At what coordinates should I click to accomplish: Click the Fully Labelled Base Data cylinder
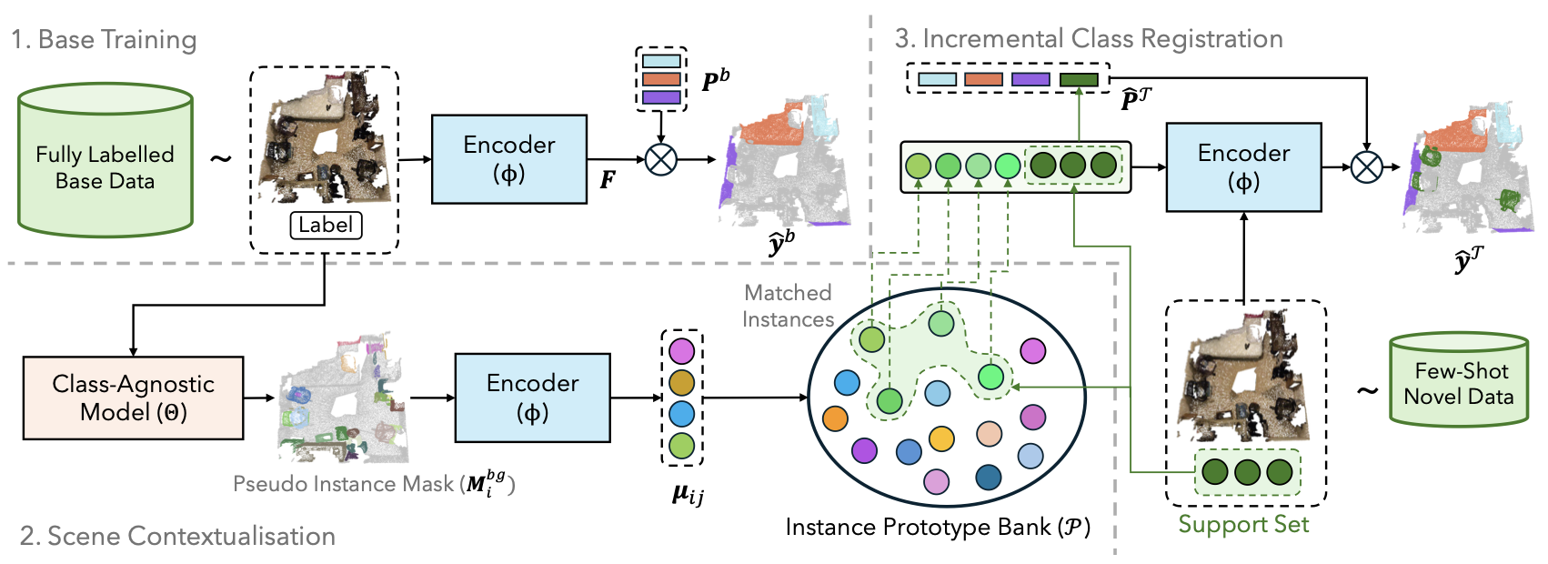coord(105,160)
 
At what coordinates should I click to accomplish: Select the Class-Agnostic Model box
coord(134,398)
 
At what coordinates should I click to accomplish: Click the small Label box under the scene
coord(327,226)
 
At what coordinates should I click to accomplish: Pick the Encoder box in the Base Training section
coord(509,159)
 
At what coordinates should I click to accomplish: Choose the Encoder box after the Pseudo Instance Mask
coord(533,398)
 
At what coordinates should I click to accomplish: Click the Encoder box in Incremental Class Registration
coord(1244,167)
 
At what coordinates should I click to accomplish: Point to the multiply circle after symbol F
coord(660,160)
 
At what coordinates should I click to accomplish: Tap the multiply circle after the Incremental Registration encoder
coord(1366,166)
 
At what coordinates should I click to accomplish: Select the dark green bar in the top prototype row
coord(1079,79)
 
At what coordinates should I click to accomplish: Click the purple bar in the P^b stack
coord(661,97)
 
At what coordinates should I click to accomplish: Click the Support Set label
coord(1243,524)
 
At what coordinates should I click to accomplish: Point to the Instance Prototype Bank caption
coord(938,528)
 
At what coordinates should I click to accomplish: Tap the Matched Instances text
coord(788,307)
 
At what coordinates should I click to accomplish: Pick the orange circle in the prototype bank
coord(835,418)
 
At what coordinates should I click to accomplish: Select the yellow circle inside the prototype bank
coord(941,438)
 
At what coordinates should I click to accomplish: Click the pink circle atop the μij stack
coord(681,351)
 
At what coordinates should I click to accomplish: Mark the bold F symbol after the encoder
coord(608,180)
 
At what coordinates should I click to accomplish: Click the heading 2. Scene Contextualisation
coord(177,537)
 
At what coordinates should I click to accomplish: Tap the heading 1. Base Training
coord(104,39)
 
